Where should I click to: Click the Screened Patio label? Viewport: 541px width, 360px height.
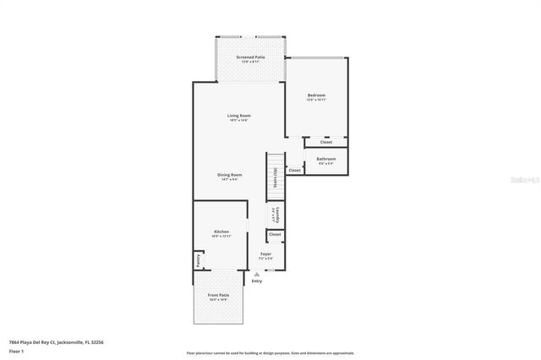tap(252, 57)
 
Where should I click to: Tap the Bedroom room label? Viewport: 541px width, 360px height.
tap(316, 95)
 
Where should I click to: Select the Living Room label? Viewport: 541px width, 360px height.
tap(238, 116)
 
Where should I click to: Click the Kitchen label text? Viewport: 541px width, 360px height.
tap(221, 231)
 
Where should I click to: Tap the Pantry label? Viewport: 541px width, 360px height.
tap(199, 259)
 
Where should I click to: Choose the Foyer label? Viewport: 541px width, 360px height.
tap(265, 253)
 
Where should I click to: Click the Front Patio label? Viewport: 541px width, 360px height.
tap(218, 295)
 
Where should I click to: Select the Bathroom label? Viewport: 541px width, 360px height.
tap(326, 159)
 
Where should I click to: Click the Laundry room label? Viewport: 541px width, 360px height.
tap(276, 215)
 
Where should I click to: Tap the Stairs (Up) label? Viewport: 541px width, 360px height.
tap(276, 176)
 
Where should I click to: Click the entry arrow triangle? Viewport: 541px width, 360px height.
tap(257, 273)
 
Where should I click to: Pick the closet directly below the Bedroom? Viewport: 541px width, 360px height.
tap(325, 142)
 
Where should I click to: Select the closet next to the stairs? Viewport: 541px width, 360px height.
tap(294, 170)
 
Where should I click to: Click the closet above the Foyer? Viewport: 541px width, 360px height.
tap(275, 234)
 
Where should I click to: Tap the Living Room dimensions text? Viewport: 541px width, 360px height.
tap(238, 121)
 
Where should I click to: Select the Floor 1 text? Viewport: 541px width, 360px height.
tap(16, 351)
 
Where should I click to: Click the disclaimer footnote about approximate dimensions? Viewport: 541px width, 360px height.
tap(270, 352)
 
